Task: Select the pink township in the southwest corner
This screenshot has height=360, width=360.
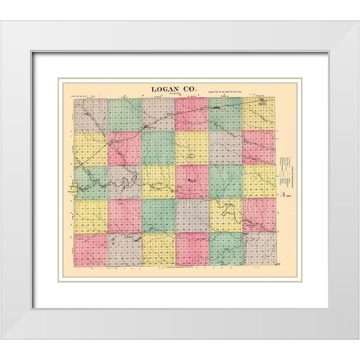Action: coord(90,249)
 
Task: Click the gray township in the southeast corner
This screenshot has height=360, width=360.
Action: coord(259,249)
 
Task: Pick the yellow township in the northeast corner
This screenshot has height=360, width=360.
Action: coord(259,114)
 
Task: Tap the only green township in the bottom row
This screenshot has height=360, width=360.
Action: coord(225,249)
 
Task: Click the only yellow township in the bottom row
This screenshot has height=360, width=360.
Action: coord(157,249)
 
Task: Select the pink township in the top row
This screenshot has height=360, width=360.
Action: coord(191,114)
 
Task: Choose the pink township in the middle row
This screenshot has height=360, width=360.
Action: coord(191,181)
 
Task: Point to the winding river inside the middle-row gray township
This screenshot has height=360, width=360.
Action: coord(124,180)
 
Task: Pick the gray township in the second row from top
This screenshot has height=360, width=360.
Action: coord(225,148)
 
